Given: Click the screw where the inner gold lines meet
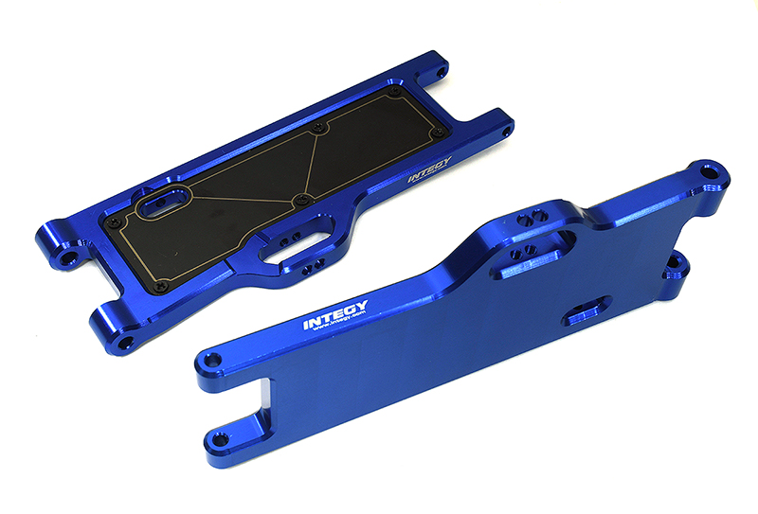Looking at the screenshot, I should [x=301, y=198].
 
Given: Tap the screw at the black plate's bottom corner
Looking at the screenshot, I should [x=158, y=283].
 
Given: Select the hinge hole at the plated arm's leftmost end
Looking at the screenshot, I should [x=66, y=256].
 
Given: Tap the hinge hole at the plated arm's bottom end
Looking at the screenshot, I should [x=126, y=336].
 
